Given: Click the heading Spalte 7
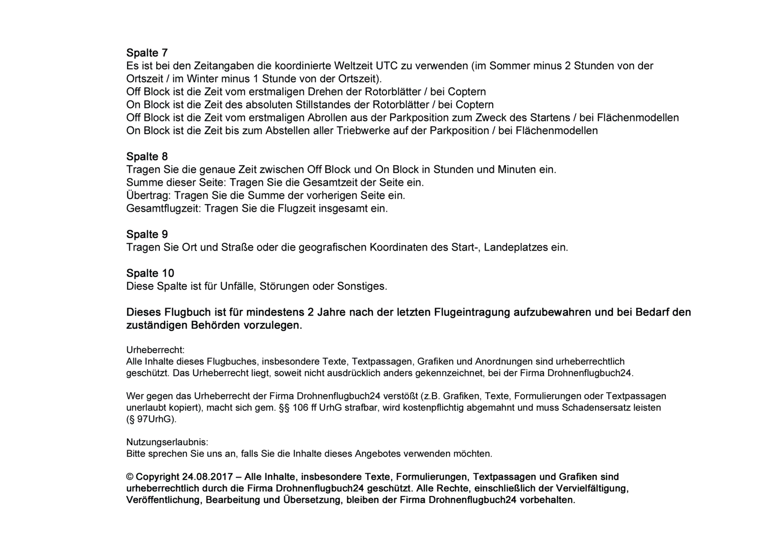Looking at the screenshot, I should click(147, 53).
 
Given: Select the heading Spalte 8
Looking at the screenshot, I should click(147, 157).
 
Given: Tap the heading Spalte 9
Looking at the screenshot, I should click(147, 235).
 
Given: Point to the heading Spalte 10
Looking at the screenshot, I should click(150, 273).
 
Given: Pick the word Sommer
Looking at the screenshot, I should click(515, 66).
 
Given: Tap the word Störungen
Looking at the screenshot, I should click(284, 286).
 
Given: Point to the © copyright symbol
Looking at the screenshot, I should click(130, 477).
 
